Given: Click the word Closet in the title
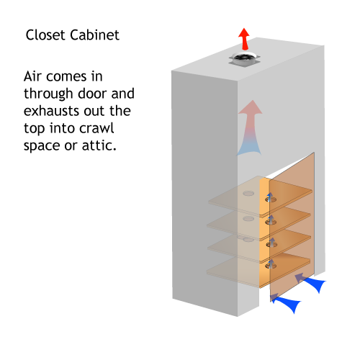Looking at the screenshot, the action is (46, 35).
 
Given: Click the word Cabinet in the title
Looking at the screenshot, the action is (94, 35).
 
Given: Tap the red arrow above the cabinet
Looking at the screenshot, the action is (244, 39).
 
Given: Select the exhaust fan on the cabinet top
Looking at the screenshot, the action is (244, 58).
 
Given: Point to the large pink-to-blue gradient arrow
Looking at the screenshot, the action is (250, 127).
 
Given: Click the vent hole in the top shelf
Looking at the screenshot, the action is (271, 199).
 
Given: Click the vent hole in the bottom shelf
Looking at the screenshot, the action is (271, 266).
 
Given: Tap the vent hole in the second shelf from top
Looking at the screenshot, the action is (271, 222).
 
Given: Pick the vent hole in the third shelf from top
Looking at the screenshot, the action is (271, 244).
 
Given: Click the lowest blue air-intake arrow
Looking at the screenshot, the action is (286, 302).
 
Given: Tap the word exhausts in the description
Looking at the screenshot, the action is (50, 111).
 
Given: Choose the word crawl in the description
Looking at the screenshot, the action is (96, 128).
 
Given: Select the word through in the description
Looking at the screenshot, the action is (48, 94).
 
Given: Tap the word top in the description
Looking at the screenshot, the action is (35, 129).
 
